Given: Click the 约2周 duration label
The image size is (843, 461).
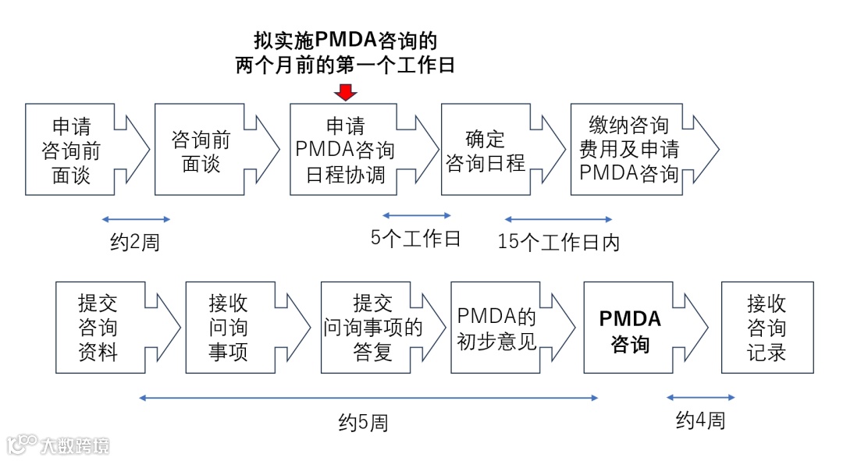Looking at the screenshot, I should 135,243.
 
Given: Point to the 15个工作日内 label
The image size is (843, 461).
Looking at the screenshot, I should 559,243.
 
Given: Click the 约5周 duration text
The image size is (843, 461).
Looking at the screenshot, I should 363,423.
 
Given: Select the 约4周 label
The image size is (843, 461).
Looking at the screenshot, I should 700,420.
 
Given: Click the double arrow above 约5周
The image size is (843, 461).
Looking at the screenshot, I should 368,398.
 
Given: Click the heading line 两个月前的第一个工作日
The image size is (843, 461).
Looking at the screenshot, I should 345,65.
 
